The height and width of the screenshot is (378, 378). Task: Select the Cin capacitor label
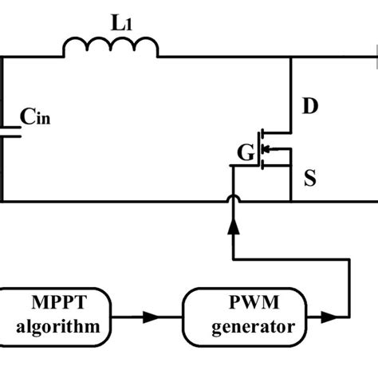click(x=37, y=120)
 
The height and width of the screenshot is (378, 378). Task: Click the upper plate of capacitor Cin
click(x=8, y=126)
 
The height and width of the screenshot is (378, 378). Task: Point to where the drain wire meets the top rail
click(x=291, y=57)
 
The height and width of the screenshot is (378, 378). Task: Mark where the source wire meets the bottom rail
click(x=291, y=201)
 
